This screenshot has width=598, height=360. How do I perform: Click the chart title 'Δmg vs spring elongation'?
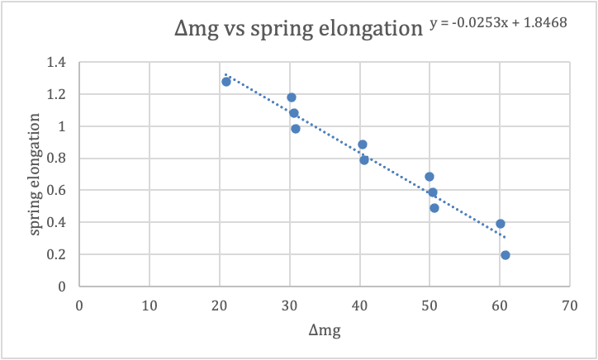click(298, 31)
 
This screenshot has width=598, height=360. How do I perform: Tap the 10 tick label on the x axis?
click(149, 304)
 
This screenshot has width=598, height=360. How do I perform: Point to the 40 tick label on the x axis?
click(359, 304)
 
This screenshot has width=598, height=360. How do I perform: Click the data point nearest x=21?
click(226, 82)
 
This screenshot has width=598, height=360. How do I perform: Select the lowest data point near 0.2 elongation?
click(505, 255)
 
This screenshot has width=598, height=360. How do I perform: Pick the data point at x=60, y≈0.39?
click(501, 224)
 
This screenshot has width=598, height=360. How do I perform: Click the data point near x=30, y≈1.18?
click(292, 97)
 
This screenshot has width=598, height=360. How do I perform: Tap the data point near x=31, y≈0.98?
click(296, 129)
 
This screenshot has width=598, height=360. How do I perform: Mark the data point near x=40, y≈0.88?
click(363, 144)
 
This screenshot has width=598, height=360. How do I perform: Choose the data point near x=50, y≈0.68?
click(430, 177)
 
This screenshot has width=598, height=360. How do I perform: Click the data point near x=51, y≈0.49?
click(434, 208)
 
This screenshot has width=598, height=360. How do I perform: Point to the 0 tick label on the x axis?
click(79, 304)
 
